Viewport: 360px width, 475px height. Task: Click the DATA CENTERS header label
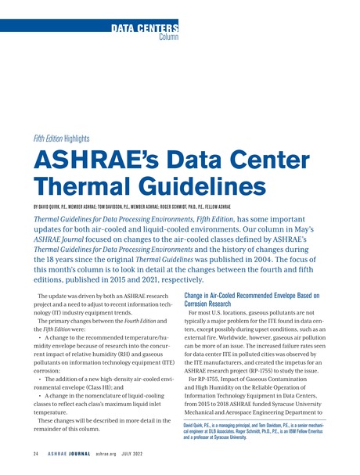click(145, 29)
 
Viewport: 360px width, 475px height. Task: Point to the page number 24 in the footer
click(36, 455)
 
